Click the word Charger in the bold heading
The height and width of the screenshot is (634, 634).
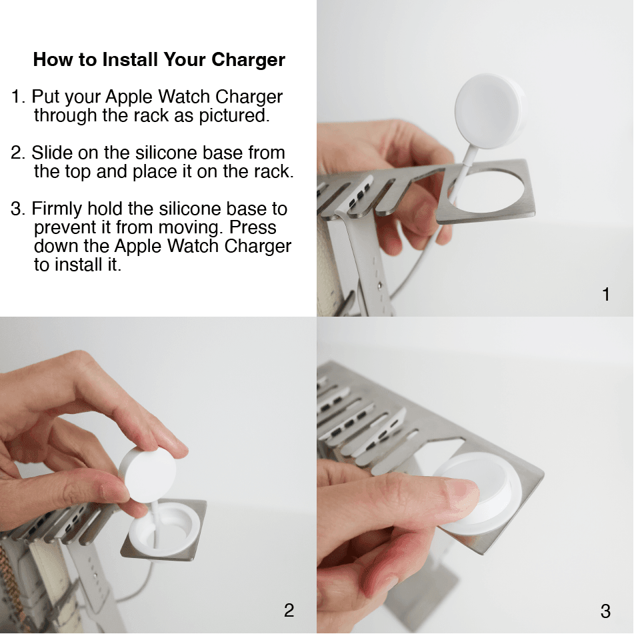[x=248, y=61]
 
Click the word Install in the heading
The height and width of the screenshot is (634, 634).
[x=130, y=59]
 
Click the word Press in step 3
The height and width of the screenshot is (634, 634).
[x=253, y=227]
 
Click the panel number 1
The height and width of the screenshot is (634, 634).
[x=606, y=295]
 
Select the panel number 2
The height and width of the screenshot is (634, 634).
[x=289, y=611]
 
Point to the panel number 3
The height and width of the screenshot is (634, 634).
[x=605, y=611]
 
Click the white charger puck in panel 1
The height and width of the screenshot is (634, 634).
[x=489, y=111]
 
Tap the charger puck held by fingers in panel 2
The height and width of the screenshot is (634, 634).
[x=149, y=474]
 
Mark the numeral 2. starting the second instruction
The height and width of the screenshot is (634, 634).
[x=18, y=153]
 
